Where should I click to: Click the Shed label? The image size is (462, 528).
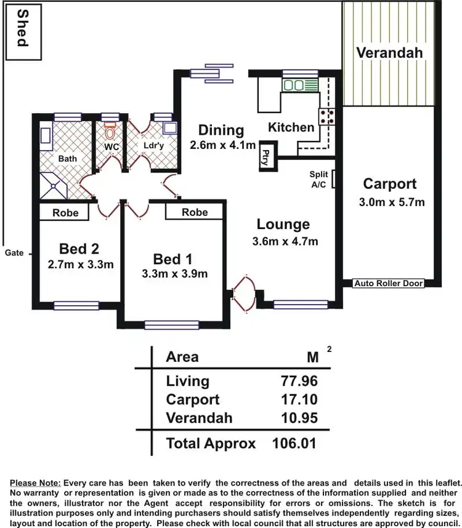point(22,28)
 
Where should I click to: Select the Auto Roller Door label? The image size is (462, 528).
point(389,283)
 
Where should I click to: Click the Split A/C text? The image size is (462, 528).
point(318,179)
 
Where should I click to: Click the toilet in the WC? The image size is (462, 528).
point(110,131)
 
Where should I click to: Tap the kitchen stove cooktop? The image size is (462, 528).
point(326,116)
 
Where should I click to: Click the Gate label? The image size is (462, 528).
point(14,253)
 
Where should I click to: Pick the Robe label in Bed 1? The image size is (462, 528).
point(195,212)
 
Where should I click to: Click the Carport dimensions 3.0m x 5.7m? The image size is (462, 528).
point(391,202)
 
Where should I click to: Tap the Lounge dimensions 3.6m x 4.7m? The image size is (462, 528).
point(285,241)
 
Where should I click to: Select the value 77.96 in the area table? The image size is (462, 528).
point(299,382)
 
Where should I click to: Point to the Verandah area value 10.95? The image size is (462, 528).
point(299,418)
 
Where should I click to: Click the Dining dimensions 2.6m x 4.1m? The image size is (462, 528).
point(222,146)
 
